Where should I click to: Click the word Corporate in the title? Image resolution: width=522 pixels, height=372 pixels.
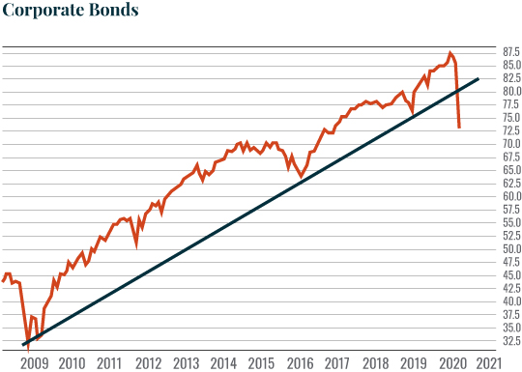click(42, 13)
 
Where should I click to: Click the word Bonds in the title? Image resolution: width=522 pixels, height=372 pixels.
click(113, 11)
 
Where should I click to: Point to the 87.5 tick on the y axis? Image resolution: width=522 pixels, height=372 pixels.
click(511, 52)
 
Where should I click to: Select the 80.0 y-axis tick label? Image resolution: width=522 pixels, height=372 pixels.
click(511, 92)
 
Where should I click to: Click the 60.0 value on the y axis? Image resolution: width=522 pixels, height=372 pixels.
click(511, 196)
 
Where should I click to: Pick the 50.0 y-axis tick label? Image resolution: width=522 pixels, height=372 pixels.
click(511, 248)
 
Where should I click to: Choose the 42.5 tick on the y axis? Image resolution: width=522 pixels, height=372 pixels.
click(511, 288)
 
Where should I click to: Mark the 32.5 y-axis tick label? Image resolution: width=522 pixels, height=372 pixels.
click(511, 340)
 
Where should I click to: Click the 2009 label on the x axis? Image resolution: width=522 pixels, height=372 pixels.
click(34, 362)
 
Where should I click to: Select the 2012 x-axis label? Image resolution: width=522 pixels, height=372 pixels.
click(147, 362)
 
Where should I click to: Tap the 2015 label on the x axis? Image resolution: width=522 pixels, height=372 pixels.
click(261, 362)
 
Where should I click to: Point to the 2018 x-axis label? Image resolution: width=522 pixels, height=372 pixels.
click(375, 362)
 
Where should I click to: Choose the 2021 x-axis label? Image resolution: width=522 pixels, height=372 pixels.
click(488, 362)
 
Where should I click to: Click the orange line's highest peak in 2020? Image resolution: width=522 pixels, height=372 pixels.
click(449, 53)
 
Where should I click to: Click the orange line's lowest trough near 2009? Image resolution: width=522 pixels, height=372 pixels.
click(28, 343)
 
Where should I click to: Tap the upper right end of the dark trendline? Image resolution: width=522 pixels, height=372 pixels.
click(478, 79)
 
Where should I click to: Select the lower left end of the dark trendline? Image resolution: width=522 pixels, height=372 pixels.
click(22, 345)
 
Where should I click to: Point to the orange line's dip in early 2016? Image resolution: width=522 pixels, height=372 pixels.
click(302, 177)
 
